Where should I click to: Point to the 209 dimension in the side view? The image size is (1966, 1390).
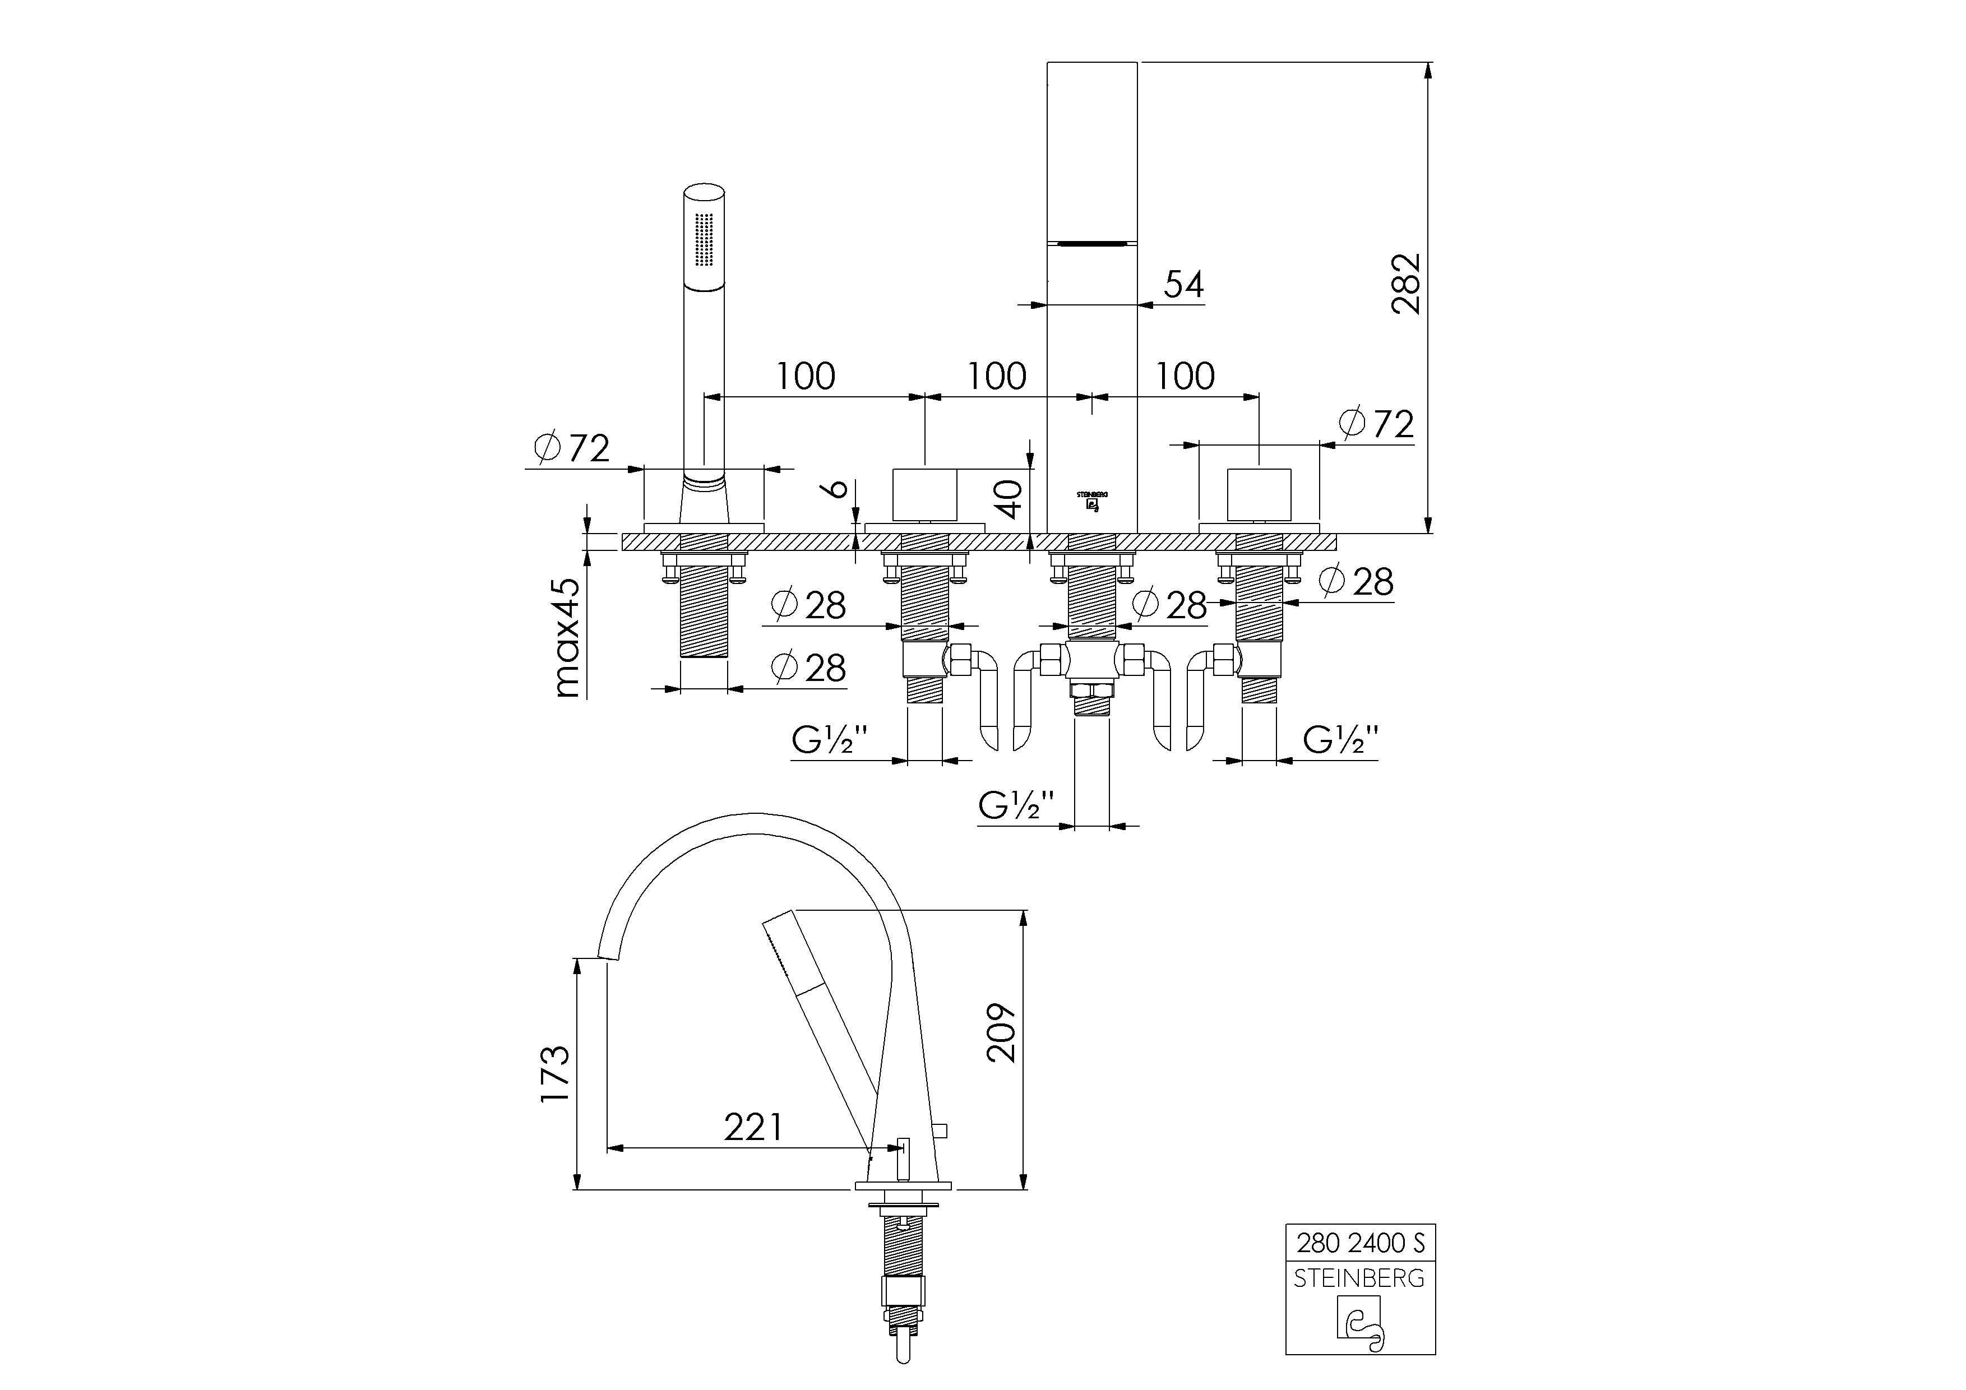1000,1032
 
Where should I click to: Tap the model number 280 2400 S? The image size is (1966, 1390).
1360,1242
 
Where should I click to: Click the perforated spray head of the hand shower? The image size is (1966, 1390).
704,240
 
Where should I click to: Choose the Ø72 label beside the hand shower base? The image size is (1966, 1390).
572,448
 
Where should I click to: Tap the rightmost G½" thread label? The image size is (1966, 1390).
1341,739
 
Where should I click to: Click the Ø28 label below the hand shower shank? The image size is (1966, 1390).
808,668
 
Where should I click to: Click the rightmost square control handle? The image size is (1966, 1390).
1259,495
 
